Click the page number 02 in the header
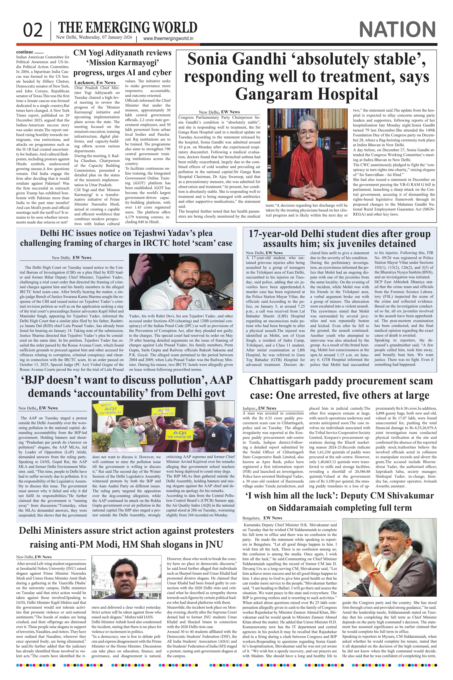tap(33, 31)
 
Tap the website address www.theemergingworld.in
tap(168, 39)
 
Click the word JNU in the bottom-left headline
tap(214, 544)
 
